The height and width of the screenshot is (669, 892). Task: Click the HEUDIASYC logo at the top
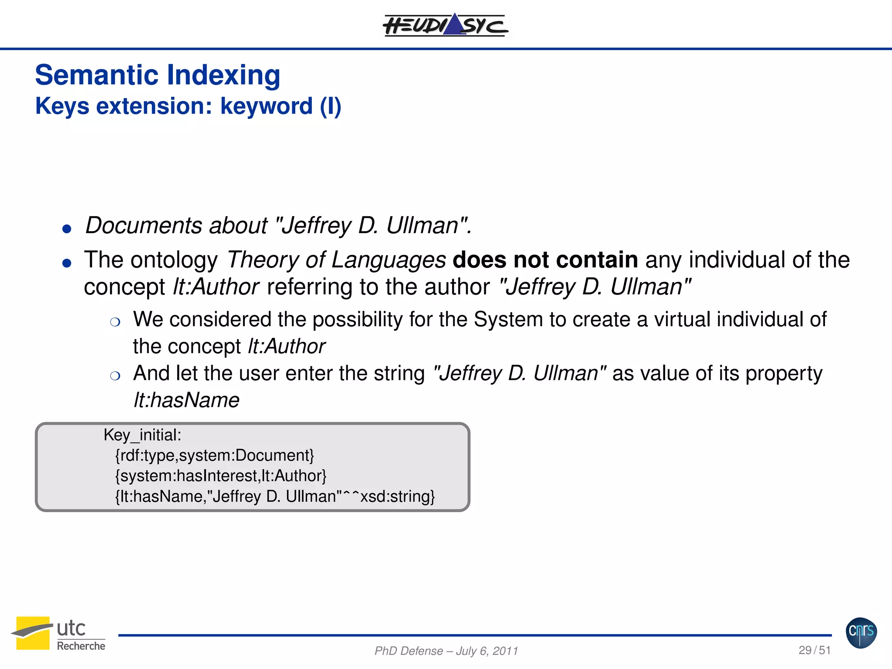445,25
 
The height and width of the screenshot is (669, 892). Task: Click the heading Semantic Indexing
157,75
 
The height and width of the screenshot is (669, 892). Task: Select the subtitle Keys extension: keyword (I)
188,106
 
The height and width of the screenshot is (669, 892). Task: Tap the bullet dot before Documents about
67,229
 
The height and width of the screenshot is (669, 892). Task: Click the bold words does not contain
545,260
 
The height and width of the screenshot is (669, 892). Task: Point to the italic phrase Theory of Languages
336,260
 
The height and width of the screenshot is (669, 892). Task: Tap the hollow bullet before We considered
115,322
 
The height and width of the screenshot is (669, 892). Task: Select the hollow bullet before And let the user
115,376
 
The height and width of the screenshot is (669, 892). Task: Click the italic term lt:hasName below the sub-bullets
186,400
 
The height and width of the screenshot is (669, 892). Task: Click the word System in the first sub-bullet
508,320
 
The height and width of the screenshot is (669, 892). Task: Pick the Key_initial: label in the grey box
142,435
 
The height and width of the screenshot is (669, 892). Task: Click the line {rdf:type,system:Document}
214,456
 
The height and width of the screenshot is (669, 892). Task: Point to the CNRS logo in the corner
861,632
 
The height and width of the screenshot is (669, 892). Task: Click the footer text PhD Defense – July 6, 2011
446,651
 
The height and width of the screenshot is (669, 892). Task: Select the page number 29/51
814,650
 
